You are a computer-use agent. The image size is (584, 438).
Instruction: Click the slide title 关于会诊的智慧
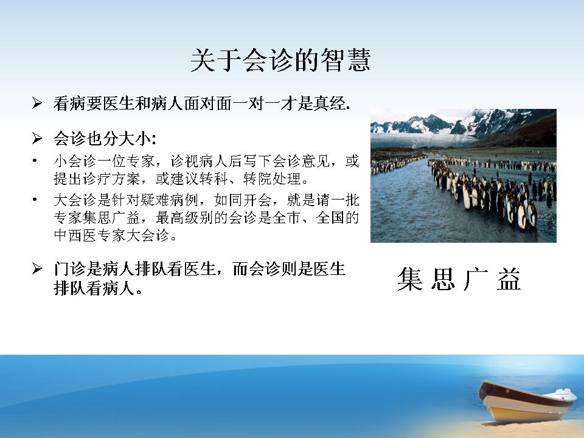pos(280,60)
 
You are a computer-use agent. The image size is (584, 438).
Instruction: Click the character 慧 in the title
pos(359,60)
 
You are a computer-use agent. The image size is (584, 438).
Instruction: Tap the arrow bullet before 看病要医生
pos(37,103)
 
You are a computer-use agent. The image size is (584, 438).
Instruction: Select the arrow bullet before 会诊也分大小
pos(37,138)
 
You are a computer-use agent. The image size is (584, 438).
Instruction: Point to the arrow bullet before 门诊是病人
pos(37,268)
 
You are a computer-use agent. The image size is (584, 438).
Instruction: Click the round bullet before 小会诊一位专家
pos(35,161)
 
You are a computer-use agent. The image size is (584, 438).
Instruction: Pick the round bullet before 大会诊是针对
pos(35,200)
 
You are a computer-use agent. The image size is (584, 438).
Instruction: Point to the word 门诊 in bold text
pos(69,268)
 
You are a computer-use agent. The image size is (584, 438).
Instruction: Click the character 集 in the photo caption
pos(409,279)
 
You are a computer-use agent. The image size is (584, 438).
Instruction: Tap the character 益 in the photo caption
pos(509,279)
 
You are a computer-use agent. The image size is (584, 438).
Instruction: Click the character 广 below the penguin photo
pos(476,279)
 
